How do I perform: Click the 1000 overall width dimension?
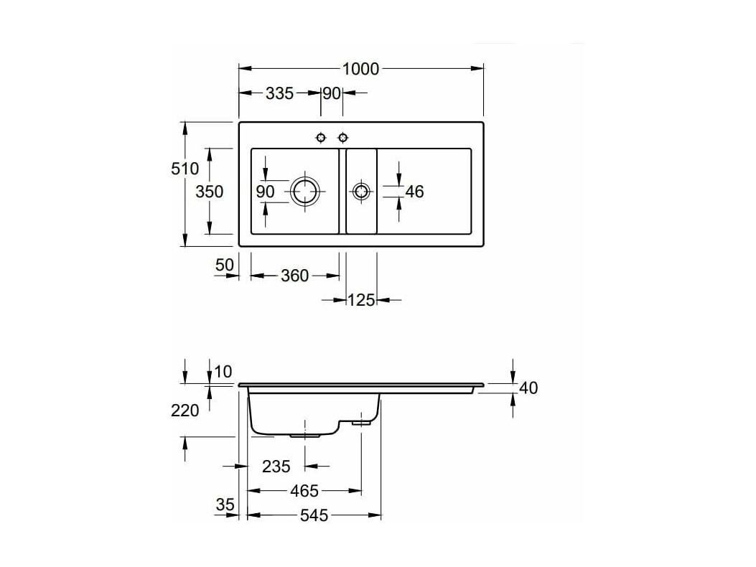click(x=360, y=69)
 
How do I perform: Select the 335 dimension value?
click(x=279, y=93)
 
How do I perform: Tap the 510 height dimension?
click(x=185, y=169)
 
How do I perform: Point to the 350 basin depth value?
click(x=209, y=192)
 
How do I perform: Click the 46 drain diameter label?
click(x=414, y=192)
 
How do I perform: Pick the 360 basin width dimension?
click(x=294, y=276)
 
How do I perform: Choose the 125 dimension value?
click(x=361, y=301)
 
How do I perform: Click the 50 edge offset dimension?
click(x=224, y=265)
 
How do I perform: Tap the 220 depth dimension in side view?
click(x=185, y=411)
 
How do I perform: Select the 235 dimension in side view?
click(x=276, y=467)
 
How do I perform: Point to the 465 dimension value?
click(x=304, y=492)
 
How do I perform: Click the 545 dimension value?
click(x=314, y=516)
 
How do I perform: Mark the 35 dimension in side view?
click(x=225, y=505)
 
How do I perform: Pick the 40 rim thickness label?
click(x=528, y=388)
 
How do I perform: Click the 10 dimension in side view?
click(x=223, y=372)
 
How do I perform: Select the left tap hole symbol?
click(x=321, y=139)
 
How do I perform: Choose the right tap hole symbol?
click(x=342, y=139)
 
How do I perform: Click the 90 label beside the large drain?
click(x=265, y=192)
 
